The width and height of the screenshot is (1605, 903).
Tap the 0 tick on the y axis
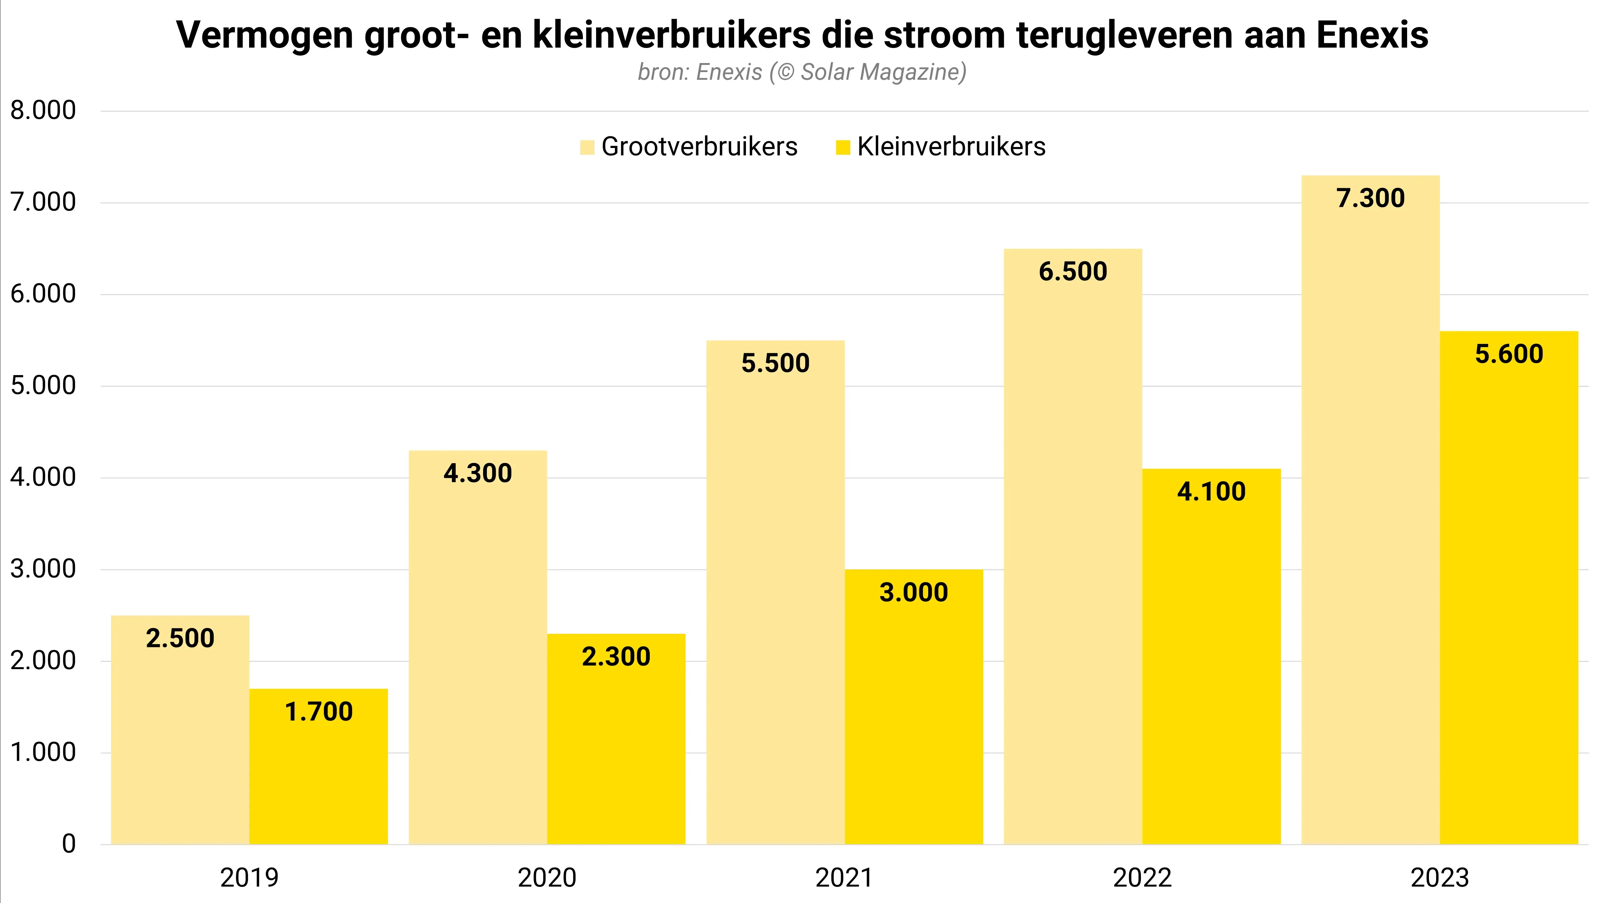(69, 844)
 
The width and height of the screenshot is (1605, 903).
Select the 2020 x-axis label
(547, 878)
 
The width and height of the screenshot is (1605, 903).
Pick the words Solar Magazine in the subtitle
(880, 72)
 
